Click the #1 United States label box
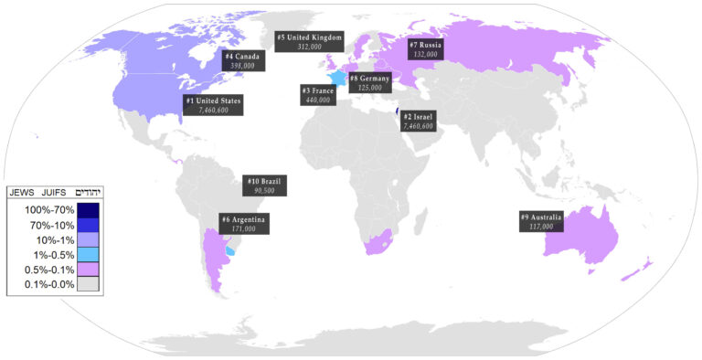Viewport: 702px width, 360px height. (x=213, y=104)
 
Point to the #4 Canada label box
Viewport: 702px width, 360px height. (x=242, y=60)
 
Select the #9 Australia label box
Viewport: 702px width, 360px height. (x=541, y=221)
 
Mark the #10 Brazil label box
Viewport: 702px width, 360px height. (x=267, y=185)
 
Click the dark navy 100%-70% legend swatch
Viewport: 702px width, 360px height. (x=88, y=211)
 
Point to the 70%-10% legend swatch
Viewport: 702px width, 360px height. (x=88, y=226)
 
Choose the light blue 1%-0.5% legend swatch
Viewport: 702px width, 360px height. (x=88, y=254)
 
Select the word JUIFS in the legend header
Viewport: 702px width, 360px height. (x=53, y=193)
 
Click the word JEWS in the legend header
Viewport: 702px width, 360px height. (x=23, y=193)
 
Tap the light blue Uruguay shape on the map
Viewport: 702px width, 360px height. (x=230, y=249)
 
